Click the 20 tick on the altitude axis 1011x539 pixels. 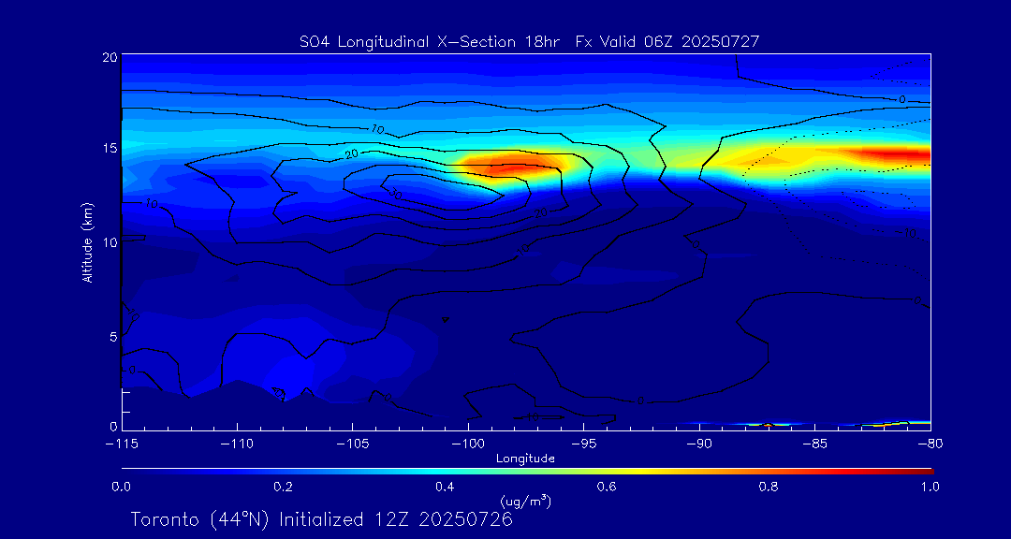pyautogui.click(x=110, y=57)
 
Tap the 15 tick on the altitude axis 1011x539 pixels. pyautogui.click(x=110, y=149)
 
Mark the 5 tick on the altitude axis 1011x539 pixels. pyautogui.click(x=112, y=336)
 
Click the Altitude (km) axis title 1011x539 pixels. pyautogui.click(x=87, y=241)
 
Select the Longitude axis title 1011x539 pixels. pyautogui.click(x=525, y=459)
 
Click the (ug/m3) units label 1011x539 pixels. pyautogui.click(x=526, y=501)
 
